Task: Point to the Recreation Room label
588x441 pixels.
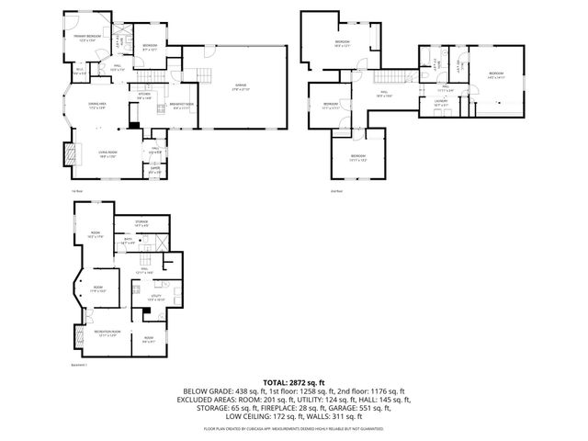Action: [x=108, y=332]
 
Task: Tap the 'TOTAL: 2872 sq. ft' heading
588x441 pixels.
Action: [x=294, y=381]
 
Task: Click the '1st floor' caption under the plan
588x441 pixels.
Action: [x=77, y=191]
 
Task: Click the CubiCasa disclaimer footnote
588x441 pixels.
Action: [x=294, y=428]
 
